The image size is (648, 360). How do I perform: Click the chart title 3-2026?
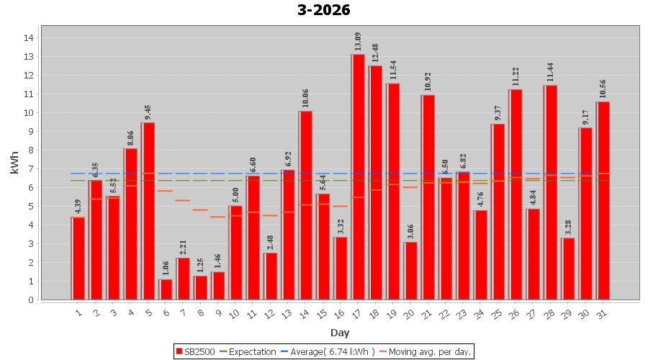(x=323, y=10)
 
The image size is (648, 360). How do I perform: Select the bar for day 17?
(x=358, y=177)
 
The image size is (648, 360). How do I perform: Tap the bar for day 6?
(x=166, y=289)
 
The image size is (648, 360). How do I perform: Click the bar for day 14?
(x=305, y=205)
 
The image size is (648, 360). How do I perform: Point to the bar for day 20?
(x=410, y=271)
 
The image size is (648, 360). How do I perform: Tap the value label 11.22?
(x=516, y=77)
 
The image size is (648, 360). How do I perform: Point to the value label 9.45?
(x=148, y=111)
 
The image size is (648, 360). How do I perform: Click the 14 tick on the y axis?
(x=30, y=37)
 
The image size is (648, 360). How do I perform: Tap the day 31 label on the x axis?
(x=603, y=312)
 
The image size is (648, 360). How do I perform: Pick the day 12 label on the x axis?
(x=269, y=312)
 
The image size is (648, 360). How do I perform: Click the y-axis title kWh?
(x=14, y=168)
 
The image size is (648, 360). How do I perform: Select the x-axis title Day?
(x=340, y=332)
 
